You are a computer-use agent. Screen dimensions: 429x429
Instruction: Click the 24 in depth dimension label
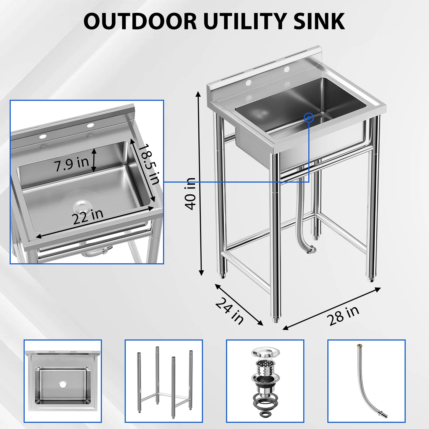click(x=230, y=311)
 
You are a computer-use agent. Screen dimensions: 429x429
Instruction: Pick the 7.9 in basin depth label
click(x=71, y=163)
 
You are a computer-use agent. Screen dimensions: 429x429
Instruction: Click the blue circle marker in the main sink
click(x=309, y=117)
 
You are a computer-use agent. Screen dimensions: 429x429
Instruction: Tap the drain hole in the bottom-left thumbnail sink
click(x=63, y=384)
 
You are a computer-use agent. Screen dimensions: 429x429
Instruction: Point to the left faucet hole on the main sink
click(x=248, y=82)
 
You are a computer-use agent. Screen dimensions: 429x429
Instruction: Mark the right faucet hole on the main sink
click(x=287, y=69)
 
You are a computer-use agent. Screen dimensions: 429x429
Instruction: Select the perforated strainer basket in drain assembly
click(x=265, y=366)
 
